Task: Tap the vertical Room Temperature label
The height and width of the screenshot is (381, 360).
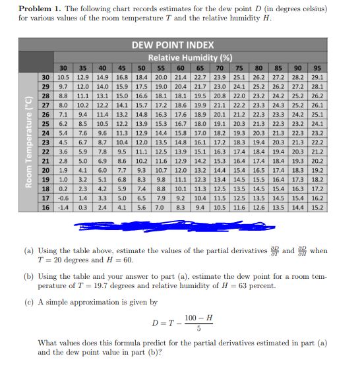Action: [x=27, y=142]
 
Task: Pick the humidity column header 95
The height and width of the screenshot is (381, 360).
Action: [x=317, y=67]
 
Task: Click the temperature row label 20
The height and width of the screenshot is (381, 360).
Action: [x=45, y=169]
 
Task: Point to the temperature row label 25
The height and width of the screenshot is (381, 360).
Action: [x=45, y=123]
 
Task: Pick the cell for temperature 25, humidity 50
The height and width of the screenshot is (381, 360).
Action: [x=141, y=123]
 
